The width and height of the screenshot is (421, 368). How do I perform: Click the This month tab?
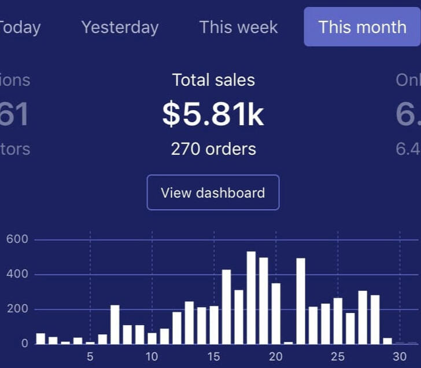362,27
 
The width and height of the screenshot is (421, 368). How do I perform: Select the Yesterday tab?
120,27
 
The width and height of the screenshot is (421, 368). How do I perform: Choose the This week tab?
238,27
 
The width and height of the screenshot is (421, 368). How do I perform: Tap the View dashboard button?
213,192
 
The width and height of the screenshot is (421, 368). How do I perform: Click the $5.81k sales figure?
213,114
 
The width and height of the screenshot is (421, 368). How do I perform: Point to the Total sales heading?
213,80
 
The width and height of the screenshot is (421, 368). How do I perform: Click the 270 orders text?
213,149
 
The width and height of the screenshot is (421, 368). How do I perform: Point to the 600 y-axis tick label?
17,239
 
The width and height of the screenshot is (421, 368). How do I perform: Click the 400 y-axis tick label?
17,274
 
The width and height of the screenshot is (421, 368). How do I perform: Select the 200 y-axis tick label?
17,309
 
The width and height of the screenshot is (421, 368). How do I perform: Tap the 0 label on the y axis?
24,343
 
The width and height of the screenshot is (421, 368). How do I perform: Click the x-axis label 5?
90,356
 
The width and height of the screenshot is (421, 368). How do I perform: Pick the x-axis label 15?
214,356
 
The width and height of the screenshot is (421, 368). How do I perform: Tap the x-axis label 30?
400,356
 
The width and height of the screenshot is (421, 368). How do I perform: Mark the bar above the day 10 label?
152,338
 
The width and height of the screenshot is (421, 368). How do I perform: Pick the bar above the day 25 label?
338,321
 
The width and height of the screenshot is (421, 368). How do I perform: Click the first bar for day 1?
40,338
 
